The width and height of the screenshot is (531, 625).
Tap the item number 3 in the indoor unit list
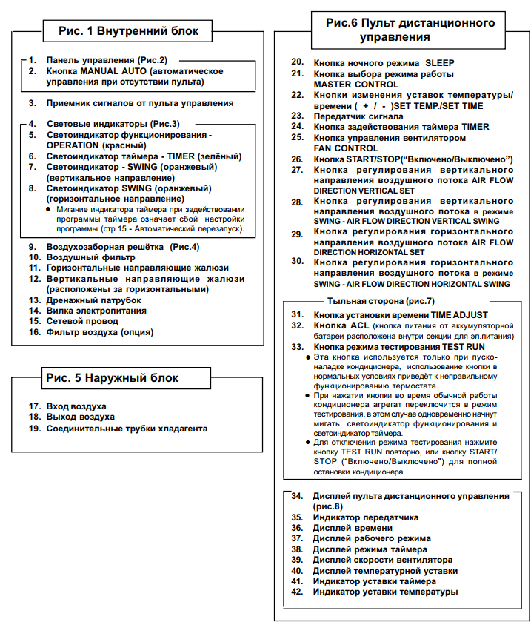[33, 104]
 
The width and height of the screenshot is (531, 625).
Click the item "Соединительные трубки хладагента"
[127, 429]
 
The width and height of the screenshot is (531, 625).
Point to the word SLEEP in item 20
[440, 63]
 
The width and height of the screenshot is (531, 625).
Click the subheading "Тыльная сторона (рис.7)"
[381, 301]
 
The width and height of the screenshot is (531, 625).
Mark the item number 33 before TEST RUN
[298, 346]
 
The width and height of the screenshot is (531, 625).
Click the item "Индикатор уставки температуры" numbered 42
[385, 592]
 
